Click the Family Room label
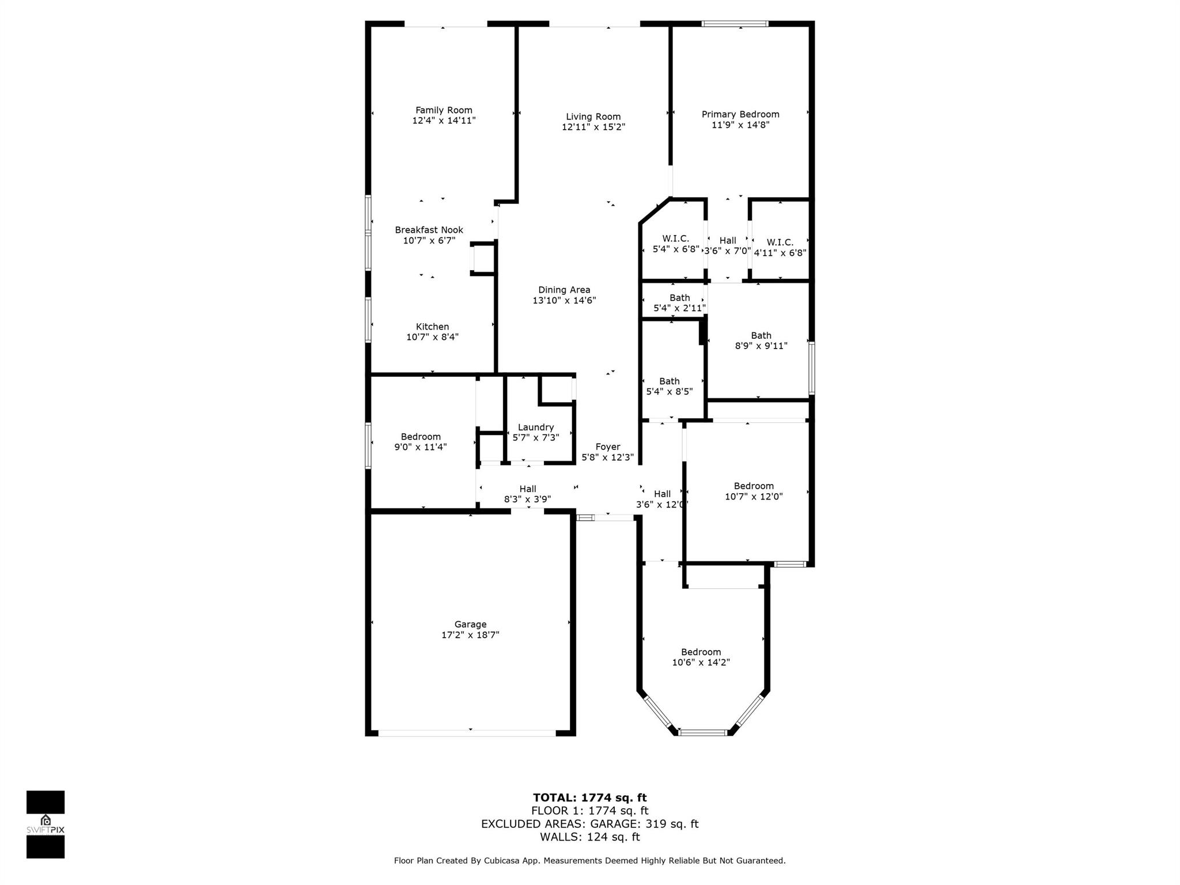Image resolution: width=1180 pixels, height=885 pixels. click(x=444, y=110)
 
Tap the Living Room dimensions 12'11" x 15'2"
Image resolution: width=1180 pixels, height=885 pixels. click(x=593, y=127)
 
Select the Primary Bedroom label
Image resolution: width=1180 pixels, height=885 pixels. click(x=740, y=114)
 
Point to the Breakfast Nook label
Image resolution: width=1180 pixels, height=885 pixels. click(x=429, y=230)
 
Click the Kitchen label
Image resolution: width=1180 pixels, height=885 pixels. click(x=432, y=327)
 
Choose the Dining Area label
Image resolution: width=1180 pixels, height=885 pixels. click(x=564, y=290)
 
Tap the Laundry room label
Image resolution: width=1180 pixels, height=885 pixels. click(x=536, y=427)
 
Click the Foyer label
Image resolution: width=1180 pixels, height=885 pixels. click(x=608, y=447)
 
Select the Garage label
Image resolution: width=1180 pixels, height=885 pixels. click(x=470, y=624)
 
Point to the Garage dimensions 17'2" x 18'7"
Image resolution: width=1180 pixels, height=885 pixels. click(x=470, y=635)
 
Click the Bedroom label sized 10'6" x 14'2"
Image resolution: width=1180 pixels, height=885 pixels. click(x=701, y=652)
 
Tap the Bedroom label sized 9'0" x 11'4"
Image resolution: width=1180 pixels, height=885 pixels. click(x=421, y=436)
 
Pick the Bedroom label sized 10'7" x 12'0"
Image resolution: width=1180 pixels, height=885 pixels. click(x=754, y=486)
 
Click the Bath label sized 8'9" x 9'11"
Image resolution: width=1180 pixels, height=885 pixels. click(x=761, y=335)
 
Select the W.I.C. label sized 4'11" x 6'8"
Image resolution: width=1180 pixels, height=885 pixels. click(x=780, y=243)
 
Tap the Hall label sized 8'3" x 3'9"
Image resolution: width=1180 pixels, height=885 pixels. click(x=528, y=489)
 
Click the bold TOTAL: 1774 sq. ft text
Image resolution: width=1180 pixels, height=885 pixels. click(x=589, y=797)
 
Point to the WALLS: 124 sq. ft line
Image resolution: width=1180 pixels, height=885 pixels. click(x=589, y=837)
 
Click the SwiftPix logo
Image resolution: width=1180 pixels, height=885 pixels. click(x=46, y=825)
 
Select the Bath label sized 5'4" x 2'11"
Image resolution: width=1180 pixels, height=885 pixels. click(x=680, y=297)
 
